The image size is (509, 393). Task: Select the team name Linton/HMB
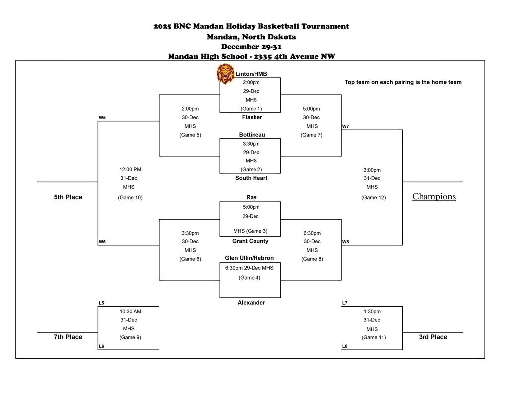point(251,74)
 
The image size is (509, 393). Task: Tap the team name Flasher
point(252,117)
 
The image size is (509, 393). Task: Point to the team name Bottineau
point(252,135)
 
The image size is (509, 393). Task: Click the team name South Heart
point(251,178)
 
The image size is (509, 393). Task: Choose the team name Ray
point(251,197)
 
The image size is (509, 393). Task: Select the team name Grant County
point(250,241)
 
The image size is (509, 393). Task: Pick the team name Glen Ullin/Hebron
point(249,258)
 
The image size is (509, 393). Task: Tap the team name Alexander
point(251,302)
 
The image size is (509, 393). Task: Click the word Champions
point(433,196)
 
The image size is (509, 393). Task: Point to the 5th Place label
point(68,197)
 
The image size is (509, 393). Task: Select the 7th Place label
point(68,337)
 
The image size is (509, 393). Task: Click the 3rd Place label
point(432,337)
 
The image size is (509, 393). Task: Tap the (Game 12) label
point(373,197)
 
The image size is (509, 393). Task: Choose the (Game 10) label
point(130,197)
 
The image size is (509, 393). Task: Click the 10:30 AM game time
point(130,311)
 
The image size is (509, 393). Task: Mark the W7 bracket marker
point(345,126)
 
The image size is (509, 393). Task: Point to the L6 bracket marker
point(101,346)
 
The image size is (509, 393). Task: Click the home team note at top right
point(403,82)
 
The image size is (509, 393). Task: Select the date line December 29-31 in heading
point(251,46)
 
